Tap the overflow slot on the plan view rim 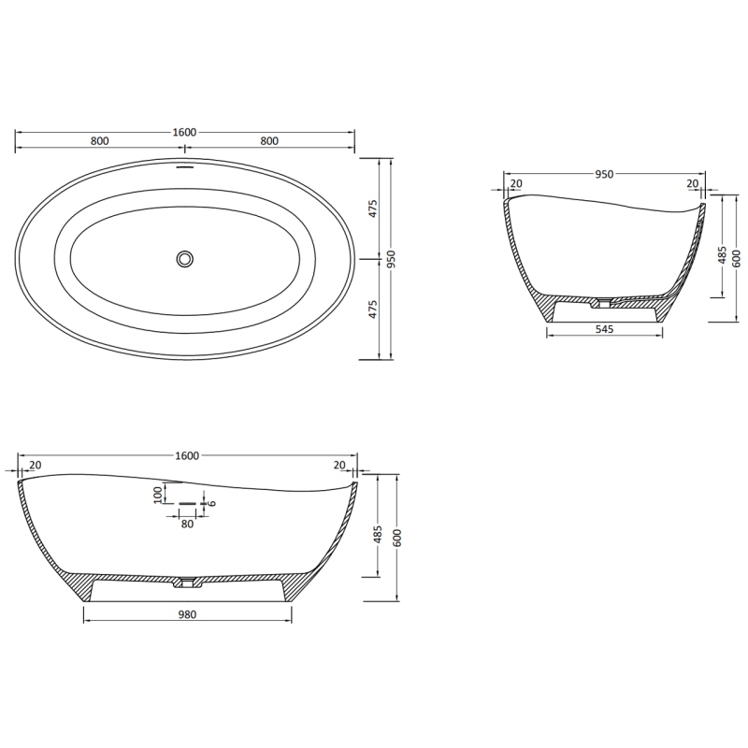click(x=185, y=169)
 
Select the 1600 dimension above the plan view click(x=185, y=133)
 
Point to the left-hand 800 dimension click(x=100, y=141)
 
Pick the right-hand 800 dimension click(x=269, y=141)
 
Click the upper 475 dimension click(x=372, y=209)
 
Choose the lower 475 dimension click(x=372, y=309)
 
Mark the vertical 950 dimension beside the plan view click(x=394, y=259)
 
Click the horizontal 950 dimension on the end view click(x=604, y=174)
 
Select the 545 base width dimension click(x=605, y=330)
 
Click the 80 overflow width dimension click(x=187, y=524)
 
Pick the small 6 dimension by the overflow click(x=212, y=503)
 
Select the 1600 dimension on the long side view click(x=186, y=455)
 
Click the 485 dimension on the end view click(x=721, y=254)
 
